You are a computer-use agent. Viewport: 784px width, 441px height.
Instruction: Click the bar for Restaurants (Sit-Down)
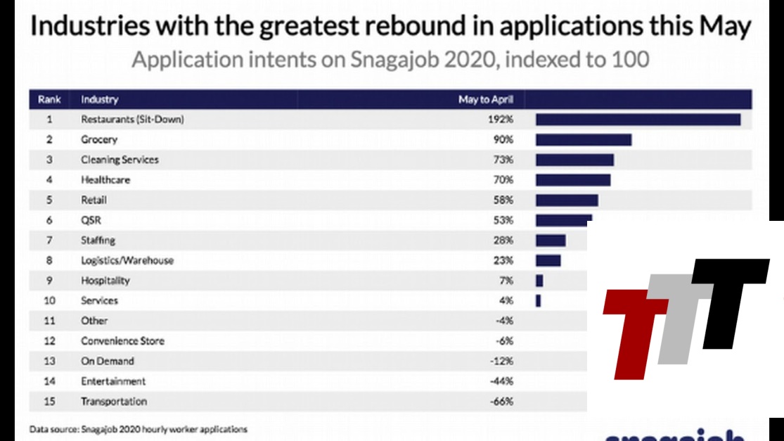638,120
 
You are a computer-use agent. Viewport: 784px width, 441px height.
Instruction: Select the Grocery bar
583,140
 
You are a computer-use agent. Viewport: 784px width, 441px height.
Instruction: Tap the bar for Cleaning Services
574,160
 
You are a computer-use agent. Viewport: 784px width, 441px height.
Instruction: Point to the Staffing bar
551,241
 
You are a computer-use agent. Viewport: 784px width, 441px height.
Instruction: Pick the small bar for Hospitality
539,281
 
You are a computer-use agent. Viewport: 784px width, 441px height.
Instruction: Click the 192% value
503,120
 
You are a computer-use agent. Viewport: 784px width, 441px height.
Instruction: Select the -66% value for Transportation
502,402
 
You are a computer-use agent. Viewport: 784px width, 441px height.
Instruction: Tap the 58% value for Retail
503,200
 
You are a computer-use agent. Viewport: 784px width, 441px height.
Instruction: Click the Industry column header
99,100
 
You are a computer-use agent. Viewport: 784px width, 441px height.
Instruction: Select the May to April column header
486,100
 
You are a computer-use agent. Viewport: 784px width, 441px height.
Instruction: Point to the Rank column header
49,100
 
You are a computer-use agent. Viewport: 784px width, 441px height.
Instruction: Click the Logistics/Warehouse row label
127,260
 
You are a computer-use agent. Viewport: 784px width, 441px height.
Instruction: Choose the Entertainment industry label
113,381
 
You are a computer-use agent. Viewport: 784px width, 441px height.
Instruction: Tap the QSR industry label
91,220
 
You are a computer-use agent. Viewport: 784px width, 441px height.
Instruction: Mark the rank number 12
49,341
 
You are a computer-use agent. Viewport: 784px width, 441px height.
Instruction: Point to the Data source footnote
138,428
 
